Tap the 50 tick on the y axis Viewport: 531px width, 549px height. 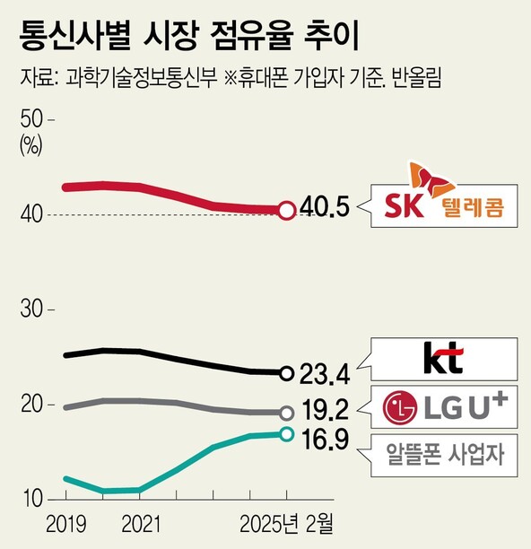(32, 118)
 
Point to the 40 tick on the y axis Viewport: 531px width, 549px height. (32, 214)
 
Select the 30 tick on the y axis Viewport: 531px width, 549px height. (32, 309)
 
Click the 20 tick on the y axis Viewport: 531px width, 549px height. (32, 405)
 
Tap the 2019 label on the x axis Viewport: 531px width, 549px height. (65, 522)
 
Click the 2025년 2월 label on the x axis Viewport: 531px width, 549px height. (286, 522)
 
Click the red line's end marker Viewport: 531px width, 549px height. (286, 211)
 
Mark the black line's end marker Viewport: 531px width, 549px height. (286, 373)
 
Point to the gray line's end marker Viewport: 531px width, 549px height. (286, 413)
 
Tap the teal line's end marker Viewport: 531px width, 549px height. (286, 434)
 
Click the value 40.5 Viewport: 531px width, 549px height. (325, 210)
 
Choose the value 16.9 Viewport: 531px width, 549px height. (325, 442)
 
